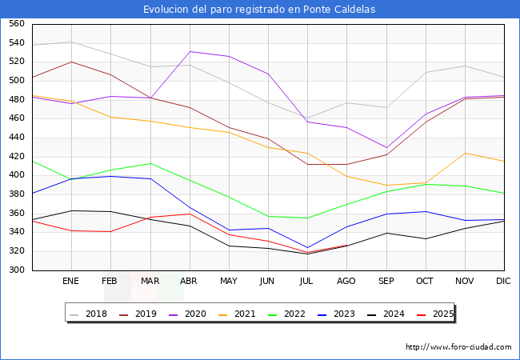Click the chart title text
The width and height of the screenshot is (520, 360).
coord(259,10)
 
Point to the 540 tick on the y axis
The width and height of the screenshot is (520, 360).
coord(15,43)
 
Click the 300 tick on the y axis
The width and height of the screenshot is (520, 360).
coord(15,270)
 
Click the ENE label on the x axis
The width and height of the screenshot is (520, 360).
coord(71,282)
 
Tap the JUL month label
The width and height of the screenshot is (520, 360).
coord(307,282)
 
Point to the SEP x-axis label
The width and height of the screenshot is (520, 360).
coord(386,282)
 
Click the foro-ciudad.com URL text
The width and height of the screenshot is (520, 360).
coord(458,347)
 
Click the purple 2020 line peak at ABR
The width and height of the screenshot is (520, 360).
coord(190,51)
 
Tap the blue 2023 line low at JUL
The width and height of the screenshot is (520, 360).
coord(307,248)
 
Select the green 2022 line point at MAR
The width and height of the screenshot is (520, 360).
coord(150,163)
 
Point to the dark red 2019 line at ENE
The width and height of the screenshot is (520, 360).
coord(71,62)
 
